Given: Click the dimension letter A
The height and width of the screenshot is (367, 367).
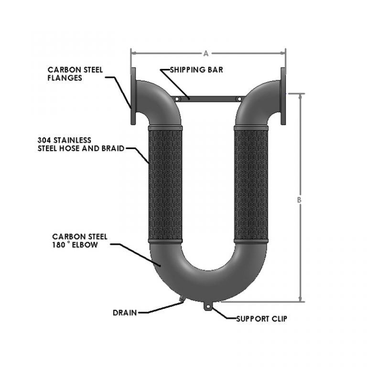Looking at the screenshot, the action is [x=206, y=54].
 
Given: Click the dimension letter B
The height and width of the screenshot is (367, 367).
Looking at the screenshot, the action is [x=299, y=200].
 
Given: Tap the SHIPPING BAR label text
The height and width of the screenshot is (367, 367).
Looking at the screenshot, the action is [x=196, y=70].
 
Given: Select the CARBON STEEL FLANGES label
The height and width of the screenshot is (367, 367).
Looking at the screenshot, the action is [x=75, y=74].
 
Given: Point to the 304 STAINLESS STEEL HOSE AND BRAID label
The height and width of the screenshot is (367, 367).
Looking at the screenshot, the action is [x=81, y=144].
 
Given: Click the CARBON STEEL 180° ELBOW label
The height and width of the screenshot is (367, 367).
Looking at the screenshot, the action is [x=80, y=241].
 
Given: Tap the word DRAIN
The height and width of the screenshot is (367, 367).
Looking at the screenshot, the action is [x=125, y=313].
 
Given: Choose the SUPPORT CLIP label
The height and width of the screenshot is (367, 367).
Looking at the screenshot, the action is [x=261, y=319].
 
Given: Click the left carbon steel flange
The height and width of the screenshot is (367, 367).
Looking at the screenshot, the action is [x=133, y=96].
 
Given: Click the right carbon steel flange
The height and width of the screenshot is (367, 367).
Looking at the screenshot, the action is [x=283, y=96].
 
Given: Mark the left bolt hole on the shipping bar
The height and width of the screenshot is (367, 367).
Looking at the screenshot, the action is [x=177, y=99].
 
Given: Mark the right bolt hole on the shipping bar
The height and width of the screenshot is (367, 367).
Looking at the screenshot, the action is [x=239, y=99].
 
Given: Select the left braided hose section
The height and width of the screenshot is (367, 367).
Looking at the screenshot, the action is [x=165, y=184].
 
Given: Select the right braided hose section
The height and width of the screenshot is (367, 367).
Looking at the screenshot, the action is [x=251, y=184].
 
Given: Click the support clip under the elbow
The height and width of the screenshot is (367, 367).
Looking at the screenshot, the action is [x=207, y=306].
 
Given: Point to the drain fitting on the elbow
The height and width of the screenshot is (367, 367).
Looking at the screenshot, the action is [x=182, y=299].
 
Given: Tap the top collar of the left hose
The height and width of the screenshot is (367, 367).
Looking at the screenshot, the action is [x=165, y=128].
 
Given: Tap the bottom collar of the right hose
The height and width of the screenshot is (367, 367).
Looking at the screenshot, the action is [x=251, y=241].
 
